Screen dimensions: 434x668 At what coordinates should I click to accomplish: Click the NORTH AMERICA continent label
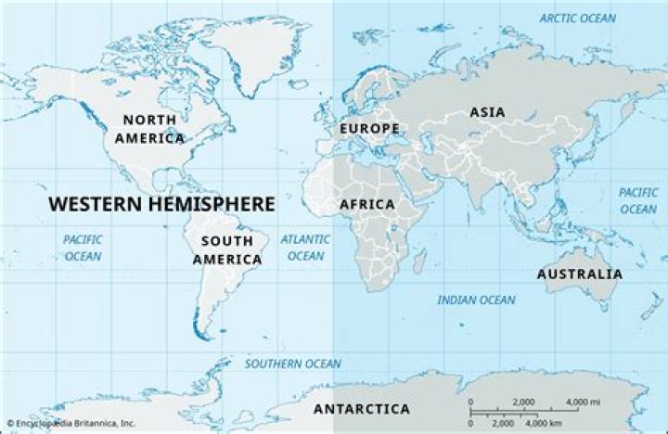pyautogui.click(x=150, y=129)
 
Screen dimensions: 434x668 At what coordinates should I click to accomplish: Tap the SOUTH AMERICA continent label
pyautogui.click(x=226, y=250)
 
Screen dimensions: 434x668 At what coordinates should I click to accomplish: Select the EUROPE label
pyautogui.click(x=369, y=127)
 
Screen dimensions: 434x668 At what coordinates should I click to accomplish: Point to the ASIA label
pyautogui.click(x=487, y=112)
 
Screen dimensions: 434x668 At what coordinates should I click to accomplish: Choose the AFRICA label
pyautogui.click(x=366, y=204)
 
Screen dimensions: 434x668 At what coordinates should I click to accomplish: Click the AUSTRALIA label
pyautogui.click(x=580, y=274)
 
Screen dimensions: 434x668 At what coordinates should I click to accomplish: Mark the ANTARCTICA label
pyautogui.click(x=361, y=409)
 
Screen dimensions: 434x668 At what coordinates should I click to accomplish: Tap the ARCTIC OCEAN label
pyautogui.click(x=578, y=19)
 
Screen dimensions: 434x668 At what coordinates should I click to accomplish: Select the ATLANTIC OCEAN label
pyautogui.click(x=306, y=247)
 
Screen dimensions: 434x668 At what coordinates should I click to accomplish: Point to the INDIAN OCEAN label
pyautogui.click(x=476, y=300)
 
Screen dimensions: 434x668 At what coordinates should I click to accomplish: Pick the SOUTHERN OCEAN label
pyautogui.click(x=292, y=364)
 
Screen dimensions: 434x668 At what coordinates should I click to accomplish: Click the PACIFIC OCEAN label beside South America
pyautogui.click(x=83, y=247)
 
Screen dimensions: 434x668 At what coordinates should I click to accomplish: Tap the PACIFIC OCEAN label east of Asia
pyautogui.click(x=638, y=200)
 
